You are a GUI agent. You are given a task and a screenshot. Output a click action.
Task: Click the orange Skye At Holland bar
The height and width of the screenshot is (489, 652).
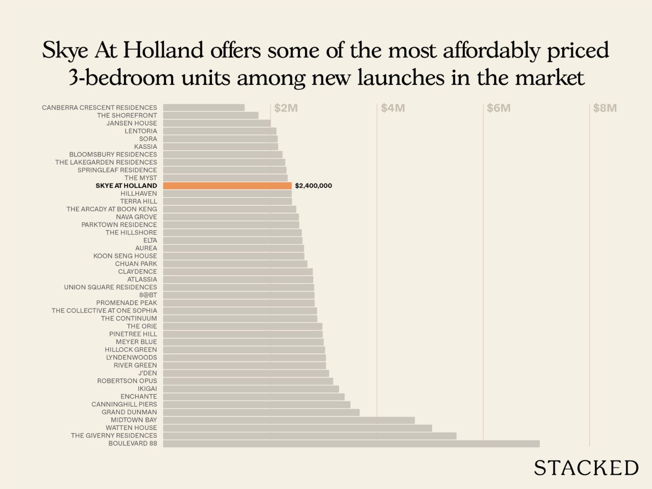[x=227, y=186]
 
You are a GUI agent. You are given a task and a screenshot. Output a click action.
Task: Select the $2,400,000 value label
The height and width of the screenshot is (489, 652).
[x=313, y=186]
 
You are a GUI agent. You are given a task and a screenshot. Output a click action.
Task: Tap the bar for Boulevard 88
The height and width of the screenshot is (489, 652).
[x=351, y=443]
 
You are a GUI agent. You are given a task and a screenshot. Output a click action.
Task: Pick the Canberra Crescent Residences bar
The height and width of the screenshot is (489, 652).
[x=204, y=108]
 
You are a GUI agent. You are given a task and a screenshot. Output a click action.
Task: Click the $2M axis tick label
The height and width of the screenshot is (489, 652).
[x=286, y=108]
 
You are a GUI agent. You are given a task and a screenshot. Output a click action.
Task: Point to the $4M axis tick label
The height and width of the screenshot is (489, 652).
[x=393, y=108]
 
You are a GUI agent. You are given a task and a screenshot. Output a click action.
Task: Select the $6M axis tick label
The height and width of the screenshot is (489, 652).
[x=499, y=108]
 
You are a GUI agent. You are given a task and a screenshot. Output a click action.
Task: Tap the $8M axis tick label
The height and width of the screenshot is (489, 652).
[x=605, y=108]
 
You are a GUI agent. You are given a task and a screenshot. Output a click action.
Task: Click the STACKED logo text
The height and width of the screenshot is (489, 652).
[x=586, y=467]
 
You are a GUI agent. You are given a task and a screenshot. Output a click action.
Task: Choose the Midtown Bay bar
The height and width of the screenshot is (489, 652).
[x=289, y=420]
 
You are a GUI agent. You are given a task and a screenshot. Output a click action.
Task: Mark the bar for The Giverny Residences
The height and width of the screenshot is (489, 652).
[x=310, y=436]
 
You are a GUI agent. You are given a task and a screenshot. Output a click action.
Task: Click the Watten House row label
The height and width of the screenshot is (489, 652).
[x=131, y=428]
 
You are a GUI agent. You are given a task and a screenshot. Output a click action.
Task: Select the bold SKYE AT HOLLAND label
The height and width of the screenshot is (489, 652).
[x=126, y=186]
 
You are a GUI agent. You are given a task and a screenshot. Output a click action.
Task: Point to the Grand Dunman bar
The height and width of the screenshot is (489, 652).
[x=261, y=412]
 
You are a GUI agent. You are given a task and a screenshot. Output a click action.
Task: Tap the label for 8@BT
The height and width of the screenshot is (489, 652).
[x=148, y=295]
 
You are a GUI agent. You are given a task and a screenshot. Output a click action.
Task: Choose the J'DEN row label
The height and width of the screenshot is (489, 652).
[x=147, y=373]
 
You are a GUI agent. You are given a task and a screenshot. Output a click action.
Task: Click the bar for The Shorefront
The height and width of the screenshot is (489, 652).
[x=211, y=115]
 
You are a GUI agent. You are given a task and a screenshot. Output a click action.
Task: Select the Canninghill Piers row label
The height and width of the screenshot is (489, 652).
[x=124, y=404]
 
